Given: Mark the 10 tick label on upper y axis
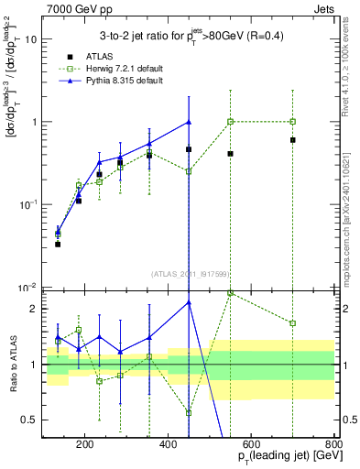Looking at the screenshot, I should pyautogui.click(x=30, y=39).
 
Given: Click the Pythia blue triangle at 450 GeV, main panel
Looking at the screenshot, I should pyautogui.click(x=189, y=122).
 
